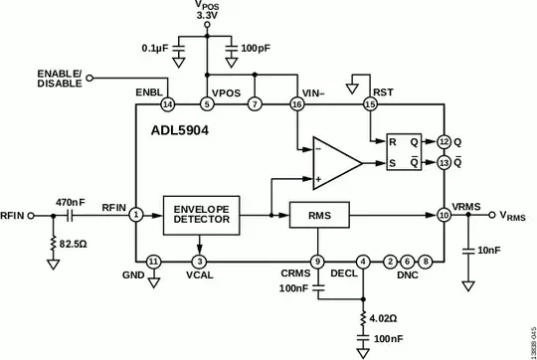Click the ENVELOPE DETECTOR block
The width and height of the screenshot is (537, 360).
(202, 216)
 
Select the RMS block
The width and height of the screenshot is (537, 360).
(317, 215)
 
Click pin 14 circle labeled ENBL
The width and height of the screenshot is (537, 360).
(167, 103)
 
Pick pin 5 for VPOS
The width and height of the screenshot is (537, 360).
(206, 103)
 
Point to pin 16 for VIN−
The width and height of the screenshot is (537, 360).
(296, 103)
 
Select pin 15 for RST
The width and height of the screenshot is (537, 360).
(370, 103)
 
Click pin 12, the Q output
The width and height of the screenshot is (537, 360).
(444, 142)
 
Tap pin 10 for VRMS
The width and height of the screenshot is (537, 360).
(444, 215)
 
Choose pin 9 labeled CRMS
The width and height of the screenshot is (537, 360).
(317, 262)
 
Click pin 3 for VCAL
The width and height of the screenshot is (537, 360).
(202, 262)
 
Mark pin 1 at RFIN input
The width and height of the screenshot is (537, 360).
(135, 215)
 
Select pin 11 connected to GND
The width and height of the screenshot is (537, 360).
(153, 262)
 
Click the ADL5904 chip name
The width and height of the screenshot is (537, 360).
(179, 129)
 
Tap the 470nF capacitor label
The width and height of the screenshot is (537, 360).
(72, 200)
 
